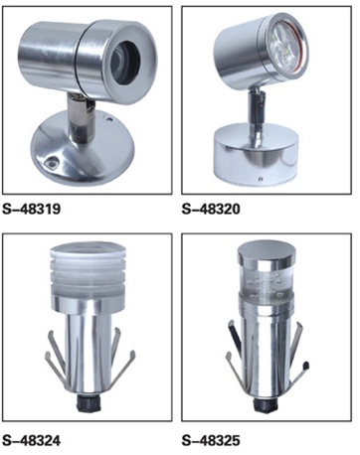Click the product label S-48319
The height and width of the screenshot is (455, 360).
pos(32,210)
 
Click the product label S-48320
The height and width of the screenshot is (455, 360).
pos(211,210)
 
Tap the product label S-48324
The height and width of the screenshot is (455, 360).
pos(32,441)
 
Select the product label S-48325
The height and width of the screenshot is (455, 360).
pos(211,441)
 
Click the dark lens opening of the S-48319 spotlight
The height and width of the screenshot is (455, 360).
pos(124,62)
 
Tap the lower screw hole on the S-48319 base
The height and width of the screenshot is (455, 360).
pos(52,162)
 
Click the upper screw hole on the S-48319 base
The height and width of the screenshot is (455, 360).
pos(109,118)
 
